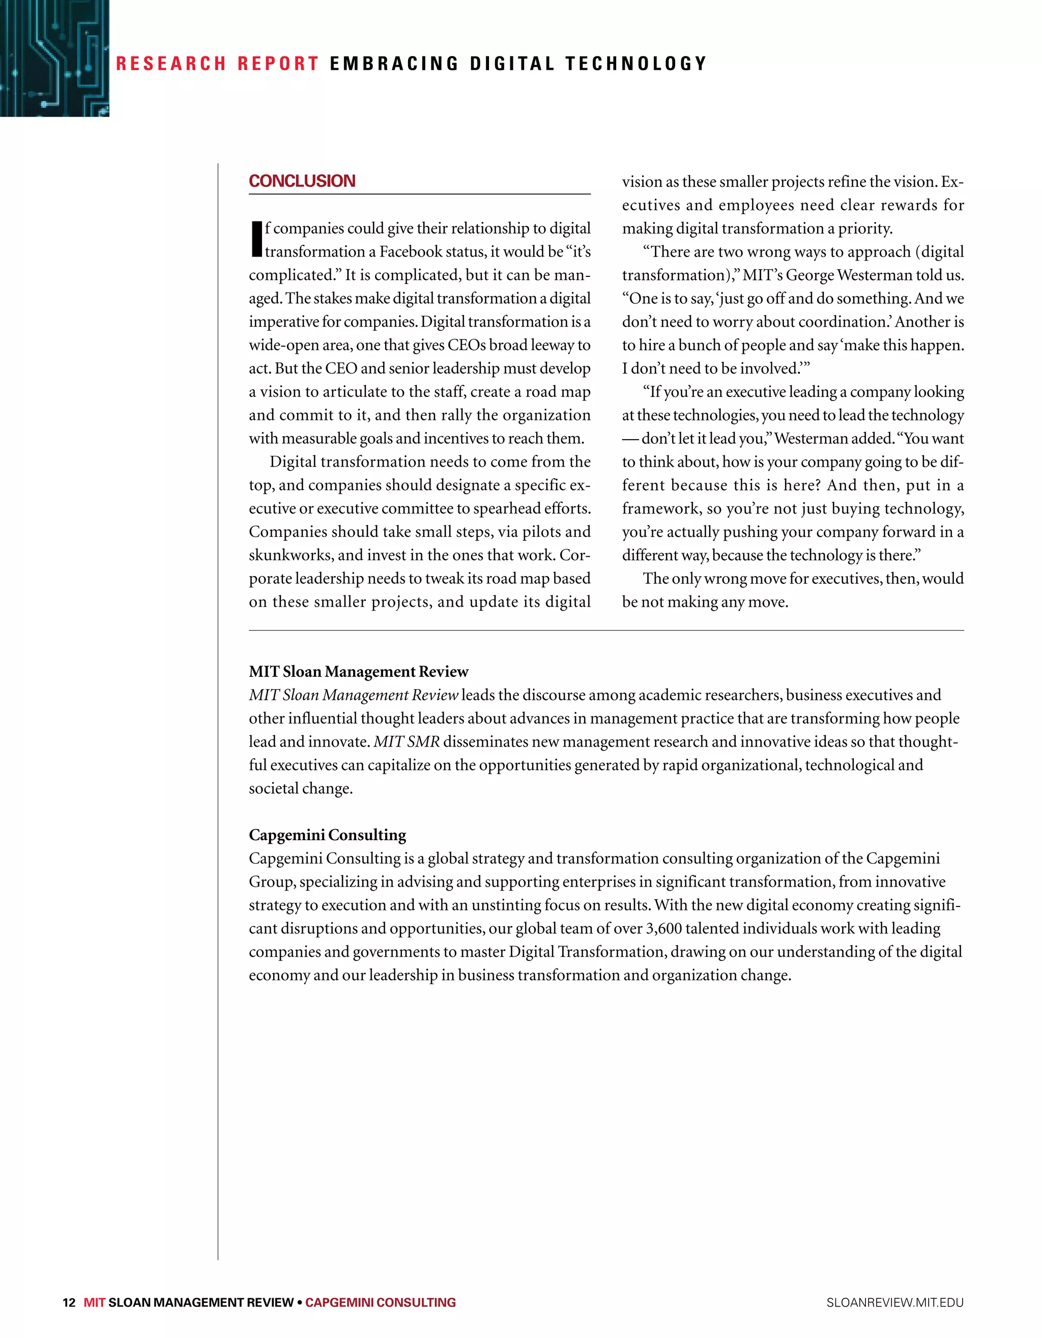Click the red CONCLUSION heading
(x=302, y=181)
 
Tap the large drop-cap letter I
(x=256, y=239)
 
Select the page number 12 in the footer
(x=69, y=1302)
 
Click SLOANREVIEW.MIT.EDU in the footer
(x=894, y=1302)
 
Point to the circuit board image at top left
(x=54, y=58)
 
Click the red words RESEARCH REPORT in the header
(x=217, y=64)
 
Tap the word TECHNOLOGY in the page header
(x=636, y=64)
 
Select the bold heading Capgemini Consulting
(x=327, y=835)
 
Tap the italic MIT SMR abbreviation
(x=407, y=742)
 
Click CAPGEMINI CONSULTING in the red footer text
(x=381, y=1302)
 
